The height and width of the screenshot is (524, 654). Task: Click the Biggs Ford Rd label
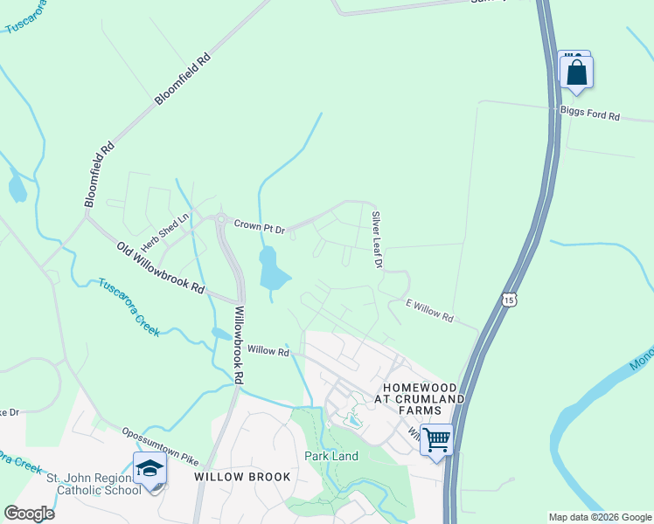(x=590, y=115)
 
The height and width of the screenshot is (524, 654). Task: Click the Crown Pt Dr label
(x=260, y=228)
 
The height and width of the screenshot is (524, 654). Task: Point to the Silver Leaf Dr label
(x=378, y=239)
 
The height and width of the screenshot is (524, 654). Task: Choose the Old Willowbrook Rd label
(x=160, y=267)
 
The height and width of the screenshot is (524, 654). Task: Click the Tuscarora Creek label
(x=129, y=307)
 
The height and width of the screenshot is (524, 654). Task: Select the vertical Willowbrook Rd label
(x=238, y=345)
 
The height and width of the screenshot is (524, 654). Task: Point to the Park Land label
(x=331, y=456)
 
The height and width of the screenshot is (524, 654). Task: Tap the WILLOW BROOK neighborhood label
(x=229, y=477)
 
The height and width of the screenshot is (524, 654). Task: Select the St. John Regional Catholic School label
(x=94, y=484)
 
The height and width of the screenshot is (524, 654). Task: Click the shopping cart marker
(x=435, y=439)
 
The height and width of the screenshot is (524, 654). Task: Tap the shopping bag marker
(x=576, y=72)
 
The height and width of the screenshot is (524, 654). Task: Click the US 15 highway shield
(x=510, y=300)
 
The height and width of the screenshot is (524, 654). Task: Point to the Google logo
(x=29, y=513)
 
